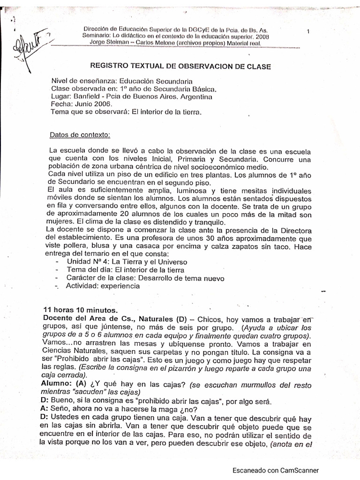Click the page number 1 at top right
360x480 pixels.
308,31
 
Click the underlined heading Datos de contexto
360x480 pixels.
79,135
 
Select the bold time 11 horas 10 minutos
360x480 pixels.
81,310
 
